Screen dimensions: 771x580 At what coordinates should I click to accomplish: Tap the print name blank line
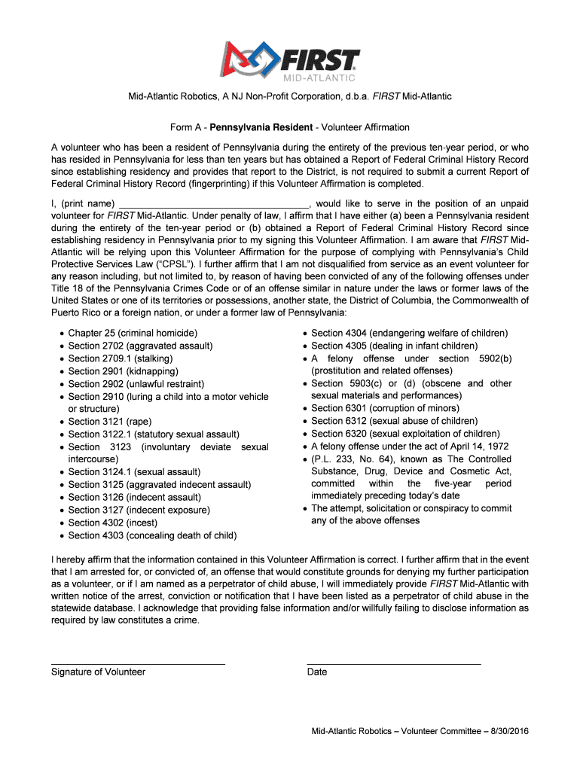click(x=214, y=204)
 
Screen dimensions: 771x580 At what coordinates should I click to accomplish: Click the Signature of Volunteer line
click(x=138, y=663)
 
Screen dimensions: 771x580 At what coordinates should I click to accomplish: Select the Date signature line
click(x=393, y=663)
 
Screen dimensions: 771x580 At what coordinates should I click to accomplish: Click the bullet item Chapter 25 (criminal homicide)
click(x=133, y=333)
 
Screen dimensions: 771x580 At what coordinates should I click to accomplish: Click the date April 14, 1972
click(x=478, y=446)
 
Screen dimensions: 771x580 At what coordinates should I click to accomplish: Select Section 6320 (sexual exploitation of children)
click(x=405, y=434)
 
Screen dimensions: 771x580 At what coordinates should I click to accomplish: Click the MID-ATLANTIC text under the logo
click(x=319, y=78)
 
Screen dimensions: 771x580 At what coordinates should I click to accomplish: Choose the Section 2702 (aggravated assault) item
click(x=140, y=346)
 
